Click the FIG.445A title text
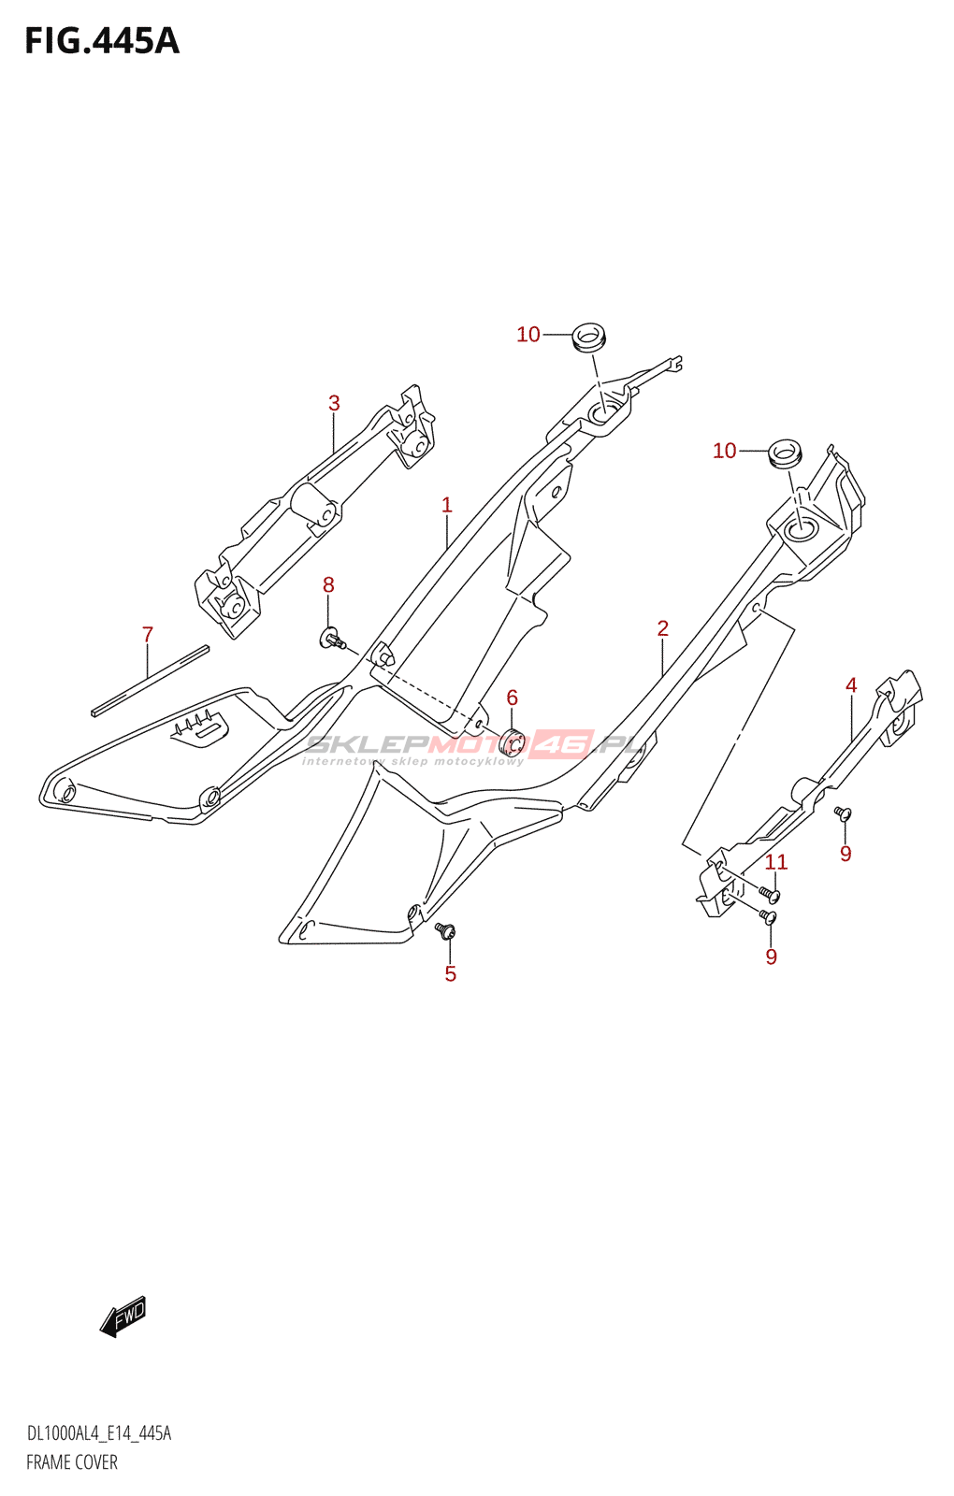[102, 41]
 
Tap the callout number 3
[334, 403]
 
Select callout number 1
[447, 505]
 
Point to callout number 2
[663, 627]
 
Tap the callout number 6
[512, 698]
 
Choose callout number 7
[148, 634]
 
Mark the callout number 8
[328, 584]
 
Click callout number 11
[776, 861]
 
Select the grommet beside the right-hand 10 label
[785, 453]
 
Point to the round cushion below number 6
[512, 742]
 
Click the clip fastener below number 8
[333, 640]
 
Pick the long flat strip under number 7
[151, 681]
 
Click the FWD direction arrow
[123, 1317]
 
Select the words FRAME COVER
[71, 1462]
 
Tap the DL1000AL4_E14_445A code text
[99, 1433]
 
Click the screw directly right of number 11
[770, 892]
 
